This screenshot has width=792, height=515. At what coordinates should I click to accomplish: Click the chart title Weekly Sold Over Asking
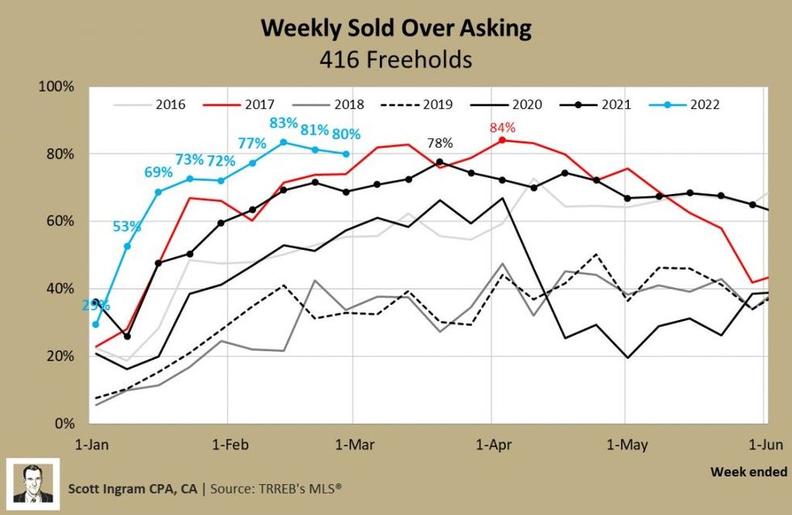pos(395,28)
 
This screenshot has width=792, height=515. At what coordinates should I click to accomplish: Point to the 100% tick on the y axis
pos(57,87)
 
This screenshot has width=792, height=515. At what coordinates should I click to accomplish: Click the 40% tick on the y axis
pos(61,289)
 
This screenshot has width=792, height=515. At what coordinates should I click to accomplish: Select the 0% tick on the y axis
pos(64,424)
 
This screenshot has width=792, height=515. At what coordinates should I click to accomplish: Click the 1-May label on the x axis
pos(624,444)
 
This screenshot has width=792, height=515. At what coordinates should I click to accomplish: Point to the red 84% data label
pos(501,128)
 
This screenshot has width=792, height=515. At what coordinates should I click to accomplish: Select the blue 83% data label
pos(283,124)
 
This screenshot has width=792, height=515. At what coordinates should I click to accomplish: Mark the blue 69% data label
pos(158,172)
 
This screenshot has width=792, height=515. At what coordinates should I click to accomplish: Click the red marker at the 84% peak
pos(502,140)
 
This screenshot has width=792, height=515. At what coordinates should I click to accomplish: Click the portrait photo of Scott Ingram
pos(33,483)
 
